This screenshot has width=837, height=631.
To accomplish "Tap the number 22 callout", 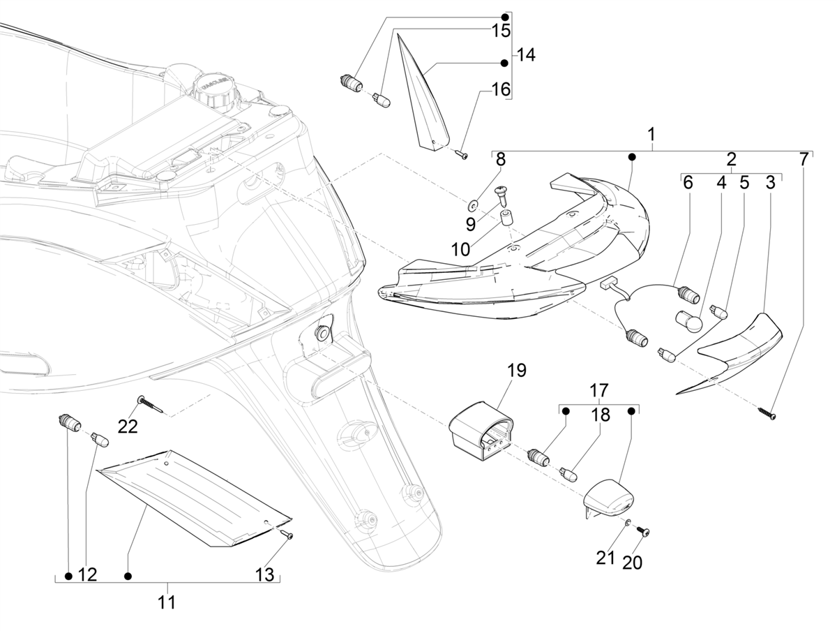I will pos(127,426).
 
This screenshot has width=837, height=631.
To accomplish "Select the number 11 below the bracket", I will pos(166,602).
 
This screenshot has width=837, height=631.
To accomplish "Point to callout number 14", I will pos(526,54).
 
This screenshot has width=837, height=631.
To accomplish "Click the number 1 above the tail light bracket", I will pos(651,133).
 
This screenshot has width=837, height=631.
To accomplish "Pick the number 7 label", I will pos(804,160).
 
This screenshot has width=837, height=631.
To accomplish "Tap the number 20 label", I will pos(632,562).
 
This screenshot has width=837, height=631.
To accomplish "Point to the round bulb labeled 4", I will pos(686,322).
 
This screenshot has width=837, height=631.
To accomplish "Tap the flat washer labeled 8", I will pos(473,205).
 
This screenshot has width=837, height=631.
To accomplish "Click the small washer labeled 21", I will pos(628,524).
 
